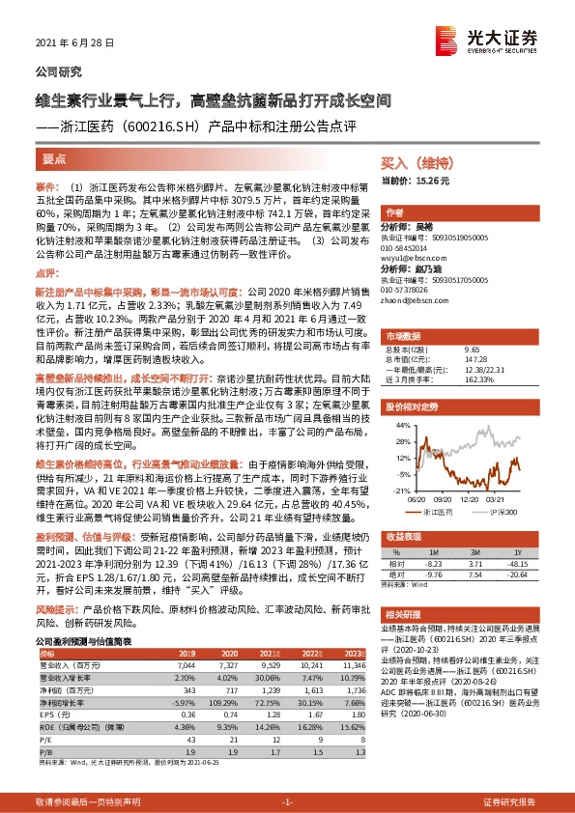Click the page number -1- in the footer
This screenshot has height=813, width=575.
click(x=287, y=801)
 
